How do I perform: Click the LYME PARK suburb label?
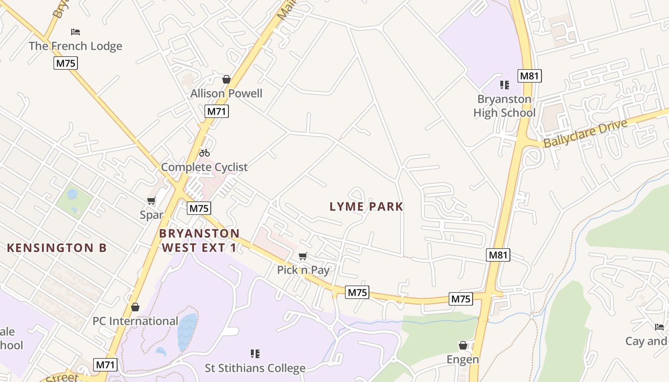coord(367,206)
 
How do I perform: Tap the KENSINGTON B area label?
coord(57,247)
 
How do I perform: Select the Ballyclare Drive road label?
coord(585,134)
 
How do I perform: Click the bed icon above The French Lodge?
coord(75,32)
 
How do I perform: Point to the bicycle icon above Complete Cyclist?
coord(205,153)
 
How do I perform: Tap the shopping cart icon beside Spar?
coord(151,201)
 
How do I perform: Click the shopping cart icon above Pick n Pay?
coord(302,256)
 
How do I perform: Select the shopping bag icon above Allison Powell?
coord(227,79)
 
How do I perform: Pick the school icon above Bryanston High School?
coord(504,85)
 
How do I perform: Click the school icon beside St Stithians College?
coord(255,354)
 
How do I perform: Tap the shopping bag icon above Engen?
coord(463,345)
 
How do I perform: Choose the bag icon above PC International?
coord(135,307)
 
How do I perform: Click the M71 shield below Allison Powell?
coord(217,111)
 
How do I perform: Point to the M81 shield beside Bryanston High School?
coord(529,76)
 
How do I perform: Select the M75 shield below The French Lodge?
coord(65,63)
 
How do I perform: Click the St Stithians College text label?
coord(255,368)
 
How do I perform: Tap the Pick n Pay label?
coord(303,270)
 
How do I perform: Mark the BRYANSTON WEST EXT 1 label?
coord(199,240)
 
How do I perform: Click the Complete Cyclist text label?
coord(205,167)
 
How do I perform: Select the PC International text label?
coord(135,321)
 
